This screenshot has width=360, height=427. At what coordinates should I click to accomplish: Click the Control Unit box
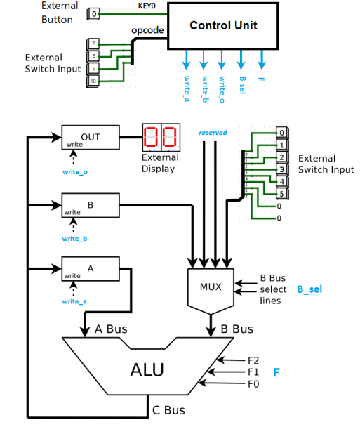point(223,25)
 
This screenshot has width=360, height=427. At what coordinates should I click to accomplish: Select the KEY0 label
point(147,6)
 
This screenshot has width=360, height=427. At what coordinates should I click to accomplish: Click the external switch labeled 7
point(93,44)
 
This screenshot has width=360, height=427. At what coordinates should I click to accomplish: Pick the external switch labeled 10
point(93,81)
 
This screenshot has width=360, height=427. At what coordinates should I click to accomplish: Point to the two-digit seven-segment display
point(161,136)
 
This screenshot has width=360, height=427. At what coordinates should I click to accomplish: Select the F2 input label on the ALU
point(253,360)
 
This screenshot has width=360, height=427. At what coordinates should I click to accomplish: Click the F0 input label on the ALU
point(253,383)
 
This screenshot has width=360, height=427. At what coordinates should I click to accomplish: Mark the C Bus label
point(168,409)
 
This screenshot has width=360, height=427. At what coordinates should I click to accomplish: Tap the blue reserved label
point(213,133)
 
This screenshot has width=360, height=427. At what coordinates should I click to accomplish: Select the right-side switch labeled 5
point(281,194)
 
